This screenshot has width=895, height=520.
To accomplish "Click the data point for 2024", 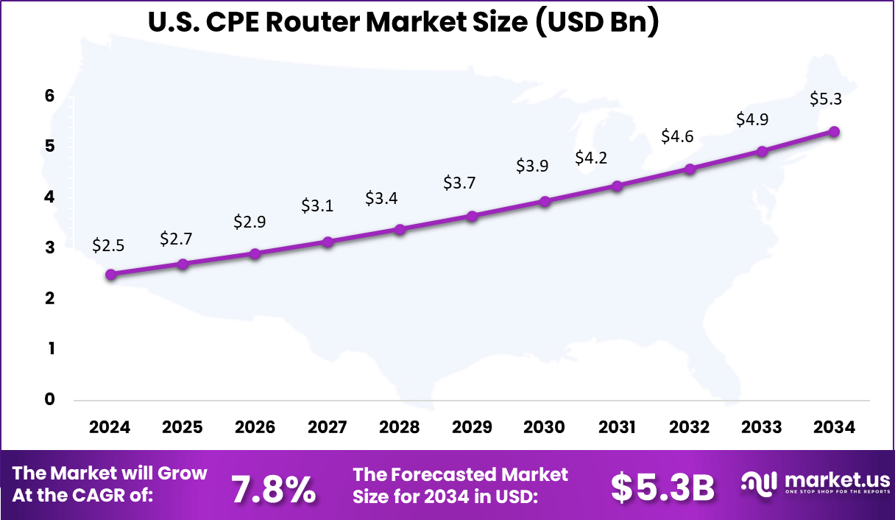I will [x=110, y=274].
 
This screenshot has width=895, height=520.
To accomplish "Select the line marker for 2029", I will [x=473, y=216].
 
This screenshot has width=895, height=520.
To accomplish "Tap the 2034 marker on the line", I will [x=834, y=131].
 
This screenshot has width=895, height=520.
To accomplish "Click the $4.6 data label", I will [x=677, y=137].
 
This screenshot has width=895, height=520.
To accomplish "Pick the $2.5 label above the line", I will [x=108, y=245].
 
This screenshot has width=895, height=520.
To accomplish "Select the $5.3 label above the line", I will [x=824, y=99].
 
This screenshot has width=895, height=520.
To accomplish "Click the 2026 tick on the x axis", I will [x=255, y=427].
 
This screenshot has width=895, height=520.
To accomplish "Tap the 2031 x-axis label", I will [x=616, y=427].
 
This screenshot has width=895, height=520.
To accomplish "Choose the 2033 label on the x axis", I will [x=761, y=427].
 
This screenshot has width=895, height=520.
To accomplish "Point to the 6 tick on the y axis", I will [x=49, y=96].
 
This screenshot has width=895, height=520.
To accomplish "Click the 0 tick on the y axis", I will [x=49, y=399].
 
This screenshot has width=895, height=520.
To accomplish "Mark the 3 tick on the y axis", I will [x=49, y=247].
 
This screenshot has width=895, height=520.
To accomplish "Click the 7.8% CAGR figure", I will [x=273, y=488].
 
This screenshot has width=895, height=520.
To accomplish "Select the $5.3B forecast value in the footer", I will [x=663, y=487].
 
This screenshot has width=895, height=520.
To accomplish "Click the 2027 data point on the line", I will [x=328, y=242].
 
